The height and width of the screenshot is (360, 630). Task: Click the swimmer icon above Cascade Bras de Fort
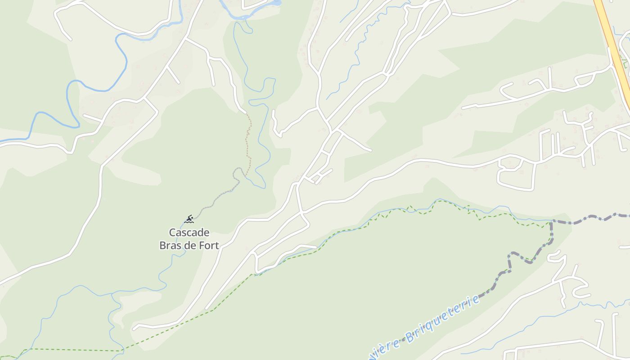(189, 219)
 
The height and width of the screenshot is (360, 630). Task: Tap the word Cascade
(189, 233)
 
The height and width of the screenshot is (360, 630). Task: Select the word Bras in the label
(170, 246)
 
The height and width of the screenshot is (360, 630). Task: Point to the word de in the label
(189, 246)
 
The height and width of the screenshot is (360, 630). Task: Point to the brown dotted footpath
(247, 139)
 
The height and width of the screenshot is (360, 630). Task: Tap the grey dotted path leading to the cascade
(216, 198)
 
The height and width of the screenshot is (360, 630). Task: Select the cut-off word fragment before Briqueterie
(382, 349)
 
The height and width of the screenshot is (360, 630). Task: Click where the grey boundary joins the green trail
(551, 221)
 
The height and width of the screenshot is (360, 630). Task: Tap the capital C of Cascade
(172, 233)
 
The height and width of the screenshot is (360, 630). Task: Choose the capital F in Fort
(200, 246)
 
